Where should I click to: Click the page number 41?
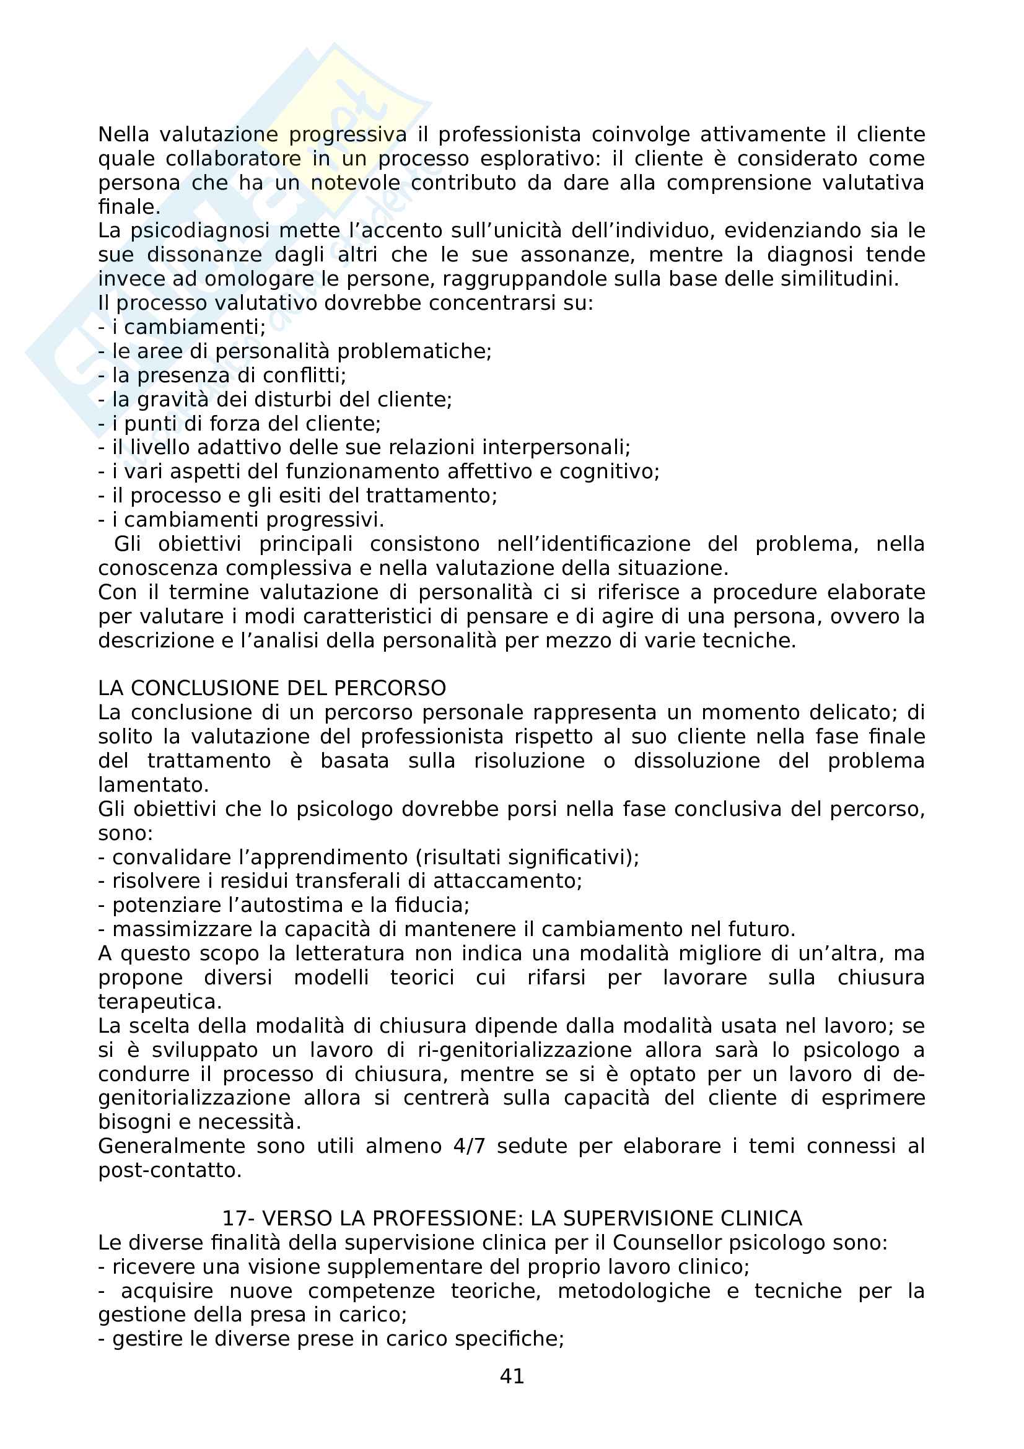(x=512, y=1376)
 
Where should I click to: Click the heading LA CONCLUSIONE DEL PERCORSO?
(x=272, y=688)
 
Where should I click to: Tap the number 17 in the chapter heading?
(x=235, y=1218)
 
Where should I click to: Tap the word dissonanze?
(x=204, y=255)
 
